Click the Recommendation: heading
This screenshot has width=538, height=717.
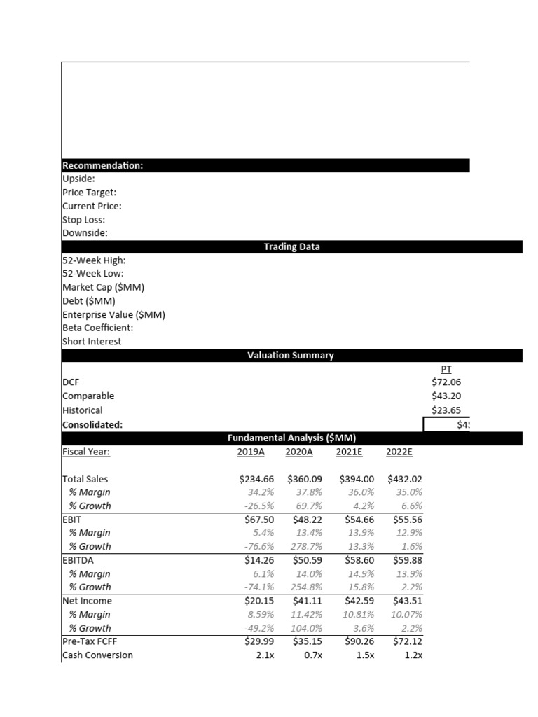pyautogui.click(x=103, y=166)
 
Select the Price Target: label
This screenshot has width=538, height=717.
pyautogui.click(x=90, y=193)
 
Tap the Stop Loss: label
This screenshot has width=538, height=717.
pyautogui.click(x=84, y=220)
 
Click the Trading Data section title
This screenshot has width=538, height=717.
pyautogui.click(x=291, y=247)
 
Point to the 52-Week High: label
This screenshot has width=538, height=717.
pyautogui.click(x=95, y=260)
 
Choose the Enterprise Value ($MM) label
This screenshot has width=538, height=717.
pyautogui.click(x=113, y=314)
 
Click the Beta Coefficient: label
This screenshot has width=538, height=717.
pyautogui.click(x=98, y=328)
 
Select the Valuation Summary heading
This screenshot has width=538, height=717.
pyautogui.click(x=291, y=356)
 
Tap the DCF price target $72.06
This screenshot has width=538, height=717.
pyautogui.click(x=446, y=382)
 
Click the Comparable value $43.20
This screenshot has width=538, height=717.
pyautogui.click(x=446, y=396)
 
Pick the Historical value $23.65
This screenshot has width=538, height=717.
pyautogui.click(x=446, y=410)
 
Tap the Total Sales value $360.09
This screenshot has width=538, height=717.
pyautogui.click(x=304, y=479)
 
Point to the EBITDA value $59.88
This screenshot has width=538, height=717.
pyautogui.click(x=404, y=560)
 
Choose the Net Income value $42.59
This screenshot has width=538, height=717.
pyautogui.click(x=354, y=601)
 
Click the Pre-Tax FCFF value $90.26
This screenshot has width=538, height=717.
pyautogui.click(x=354, y=641)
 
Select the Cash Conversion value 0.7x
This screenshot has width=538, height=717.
pyautogui.click(x=312, y=655)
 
